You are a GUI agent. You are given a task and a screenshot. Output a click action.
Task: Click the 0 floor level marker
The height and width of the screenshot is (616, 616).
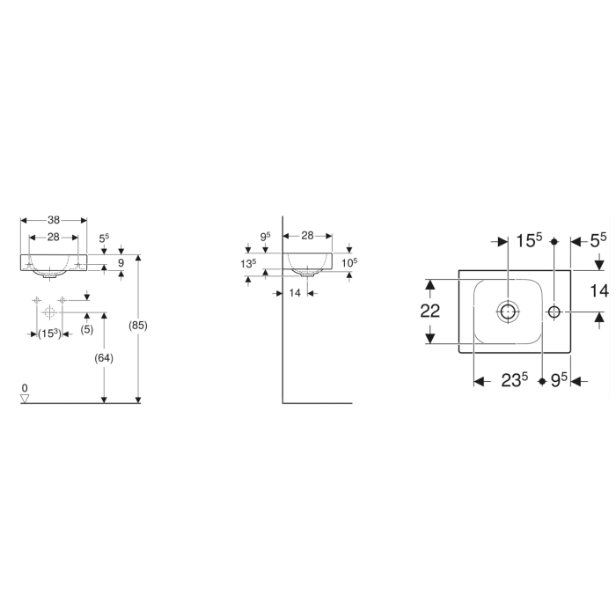coord(25,388)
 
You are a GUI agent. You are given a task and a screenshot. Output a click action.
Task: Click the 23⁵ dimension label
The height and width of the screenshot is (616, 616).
coord(513,380)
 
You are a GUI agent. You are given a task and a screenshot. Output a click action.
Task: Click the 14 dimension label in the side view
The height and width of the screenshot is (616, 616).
coord(296,292)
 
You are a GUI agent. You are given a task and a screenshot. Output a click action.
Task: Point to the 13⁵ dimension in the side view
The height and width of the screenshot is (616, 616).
coord(248,263)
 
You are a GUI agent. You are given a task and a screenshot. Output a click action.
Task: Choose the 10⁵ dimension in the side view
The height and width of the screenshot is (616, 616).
coord(348,263)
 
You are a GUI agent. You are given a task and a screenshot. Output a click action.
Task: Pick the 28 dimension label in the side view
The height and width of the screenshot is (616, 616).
coord(308,236)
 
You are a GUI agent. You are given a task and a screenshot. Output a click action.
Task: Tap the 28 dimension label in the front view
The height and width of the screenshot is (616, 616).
coord(53,238)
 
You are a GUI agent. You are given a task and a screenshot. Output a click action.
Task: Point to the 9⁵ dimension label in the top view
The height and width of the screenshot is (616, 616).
coord(558,380)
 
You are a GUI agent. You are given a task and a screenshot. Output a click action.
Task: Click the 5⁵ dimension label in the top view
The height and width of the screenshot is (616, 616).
coord(598,239)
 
